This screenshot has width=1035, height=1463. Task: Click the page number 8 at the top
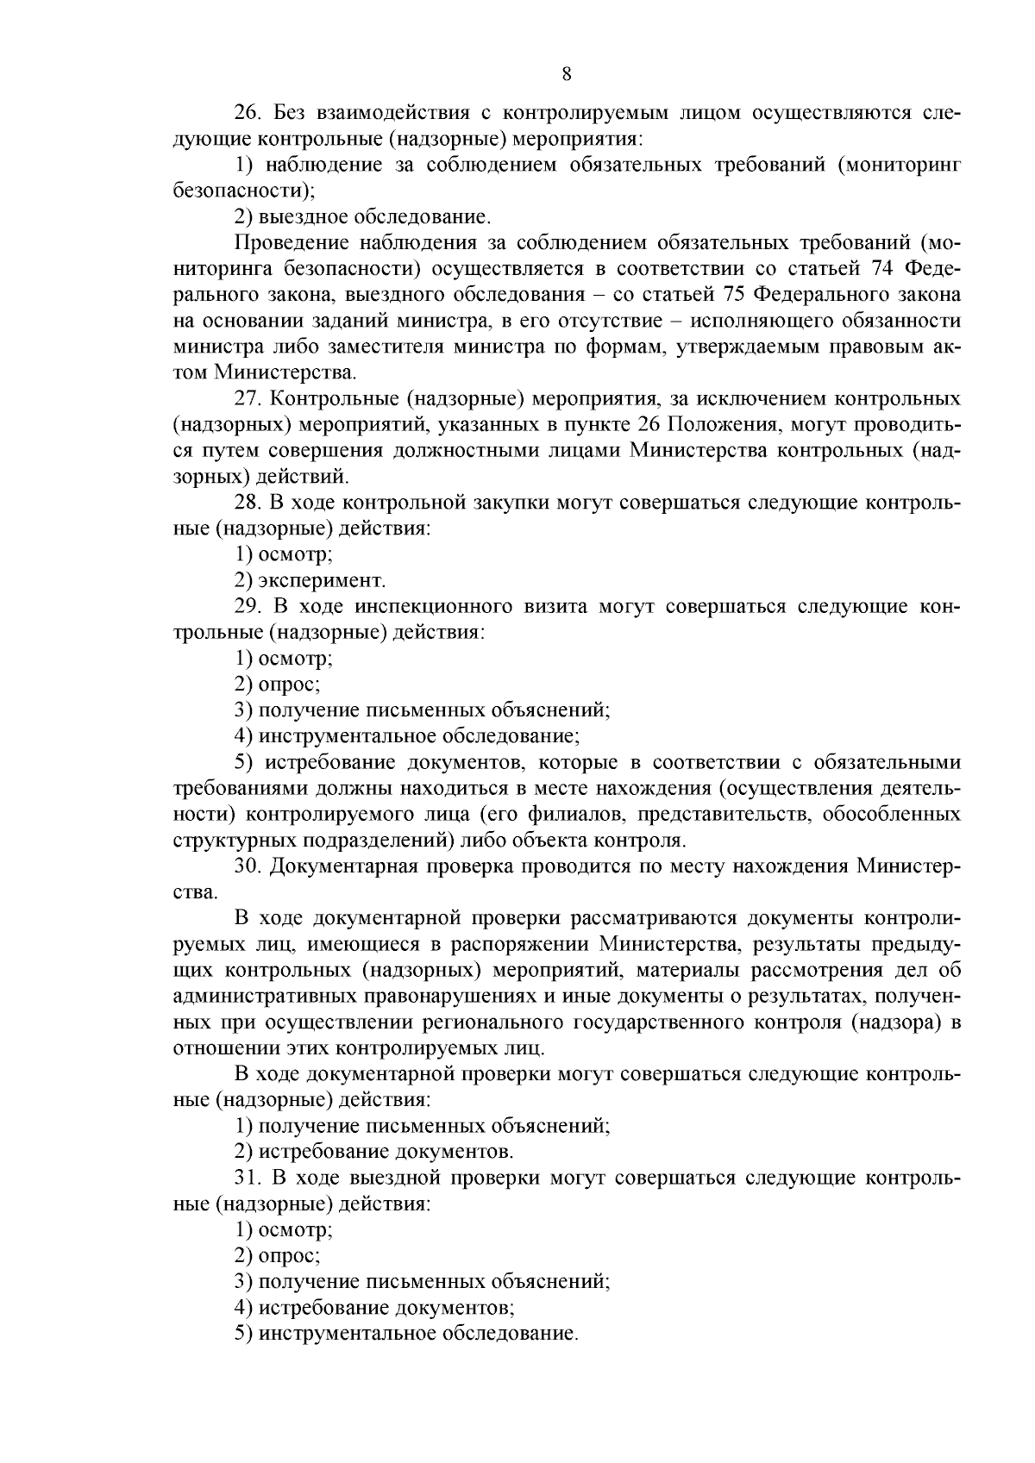click(567, 74)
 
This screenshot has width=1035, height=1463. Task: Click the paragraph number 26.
click(248, 113)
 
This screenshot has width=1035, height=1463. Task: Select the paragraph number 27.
click(248, 399)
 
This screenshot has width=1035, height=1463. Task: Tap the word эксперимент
click(323, 581)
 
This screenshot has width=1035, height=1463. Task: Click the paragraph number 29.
click(248, 607)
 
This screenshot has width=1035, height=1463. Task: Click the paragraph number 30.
click(248, 866)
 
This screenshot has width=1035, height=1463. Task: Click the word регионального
click(492, 1022)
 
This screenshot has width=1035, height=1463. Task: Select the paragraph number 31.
click(248, 1179)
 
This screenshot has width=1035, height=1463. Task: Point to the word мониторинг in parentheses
click(903, 166)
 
